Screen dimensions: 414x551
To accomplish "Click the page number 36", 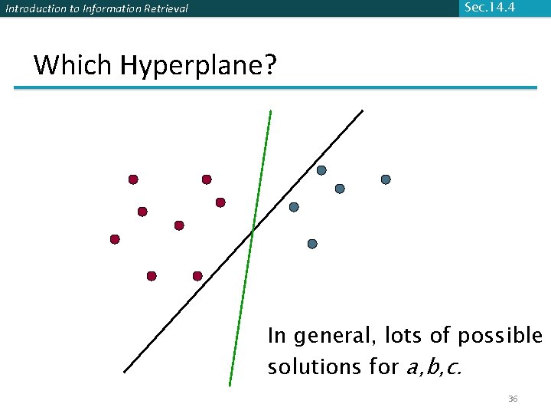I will tap(513, 399).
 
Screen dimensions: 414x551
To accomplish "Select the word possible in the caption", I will tap(500, 337).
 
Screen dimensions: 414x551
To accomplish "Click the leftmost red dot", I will tap(115, 239).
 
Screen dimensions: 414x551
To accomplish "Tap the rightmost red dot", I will tap(220, 202).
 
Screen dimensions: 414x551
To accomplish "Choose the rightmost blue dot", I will tap(386, 179).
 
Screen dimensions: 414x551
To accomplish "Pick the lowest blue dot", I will tap(312, 244).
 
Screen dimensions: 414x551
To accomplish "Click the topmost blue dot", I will tap(321, 170).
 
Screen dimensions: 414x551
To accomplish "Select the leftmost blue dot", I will tap(294, 207).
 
